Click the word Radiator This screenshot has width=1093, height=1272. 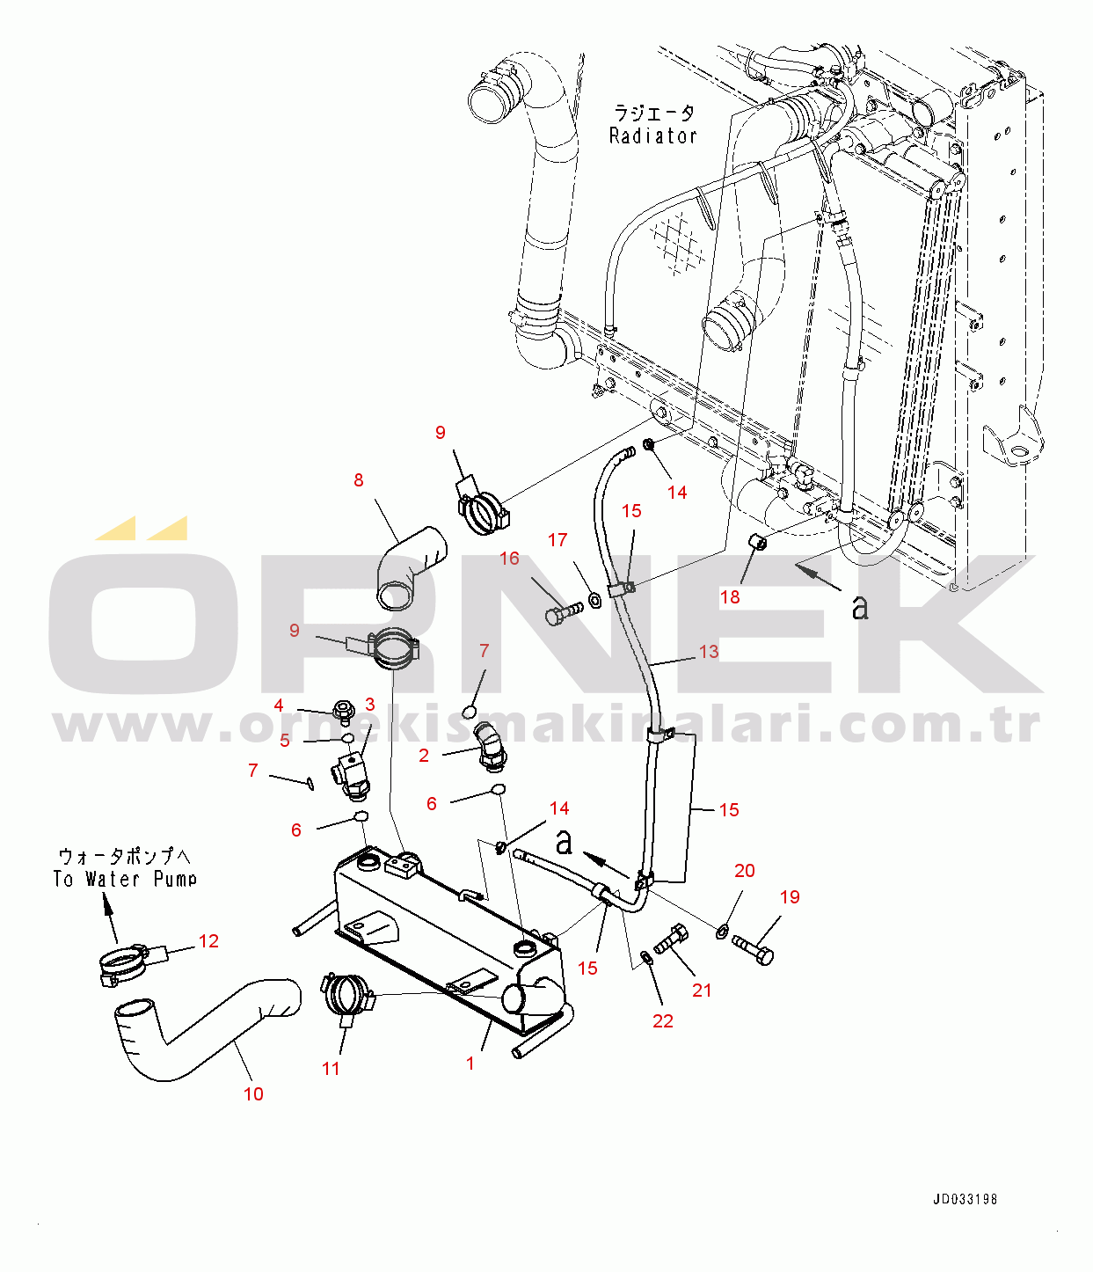[x=652, y=136]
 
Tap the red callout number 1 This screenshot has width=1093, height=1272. [x=470, y=1064]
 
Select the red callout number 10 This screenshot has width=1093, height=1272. [x=252, y=1093]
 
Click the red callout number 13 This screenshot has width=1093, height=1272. [x=709, y=652]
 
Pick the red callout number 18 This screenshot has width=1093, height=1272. [x=730, y=597]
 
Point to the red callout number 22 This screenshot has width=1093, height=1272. [x=662, y=1021]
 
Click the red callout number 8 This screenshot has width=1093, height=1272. [x=359, y=480]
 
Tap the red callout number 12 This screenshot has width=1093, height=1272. [x=208, y=941]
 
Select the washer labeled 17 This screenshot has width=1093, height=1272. [x=594, y=599]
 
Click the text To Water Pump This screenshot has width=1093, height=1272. [x=125, y=879]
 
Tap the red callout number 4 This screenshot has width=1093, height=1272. [x=278, y=705]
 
